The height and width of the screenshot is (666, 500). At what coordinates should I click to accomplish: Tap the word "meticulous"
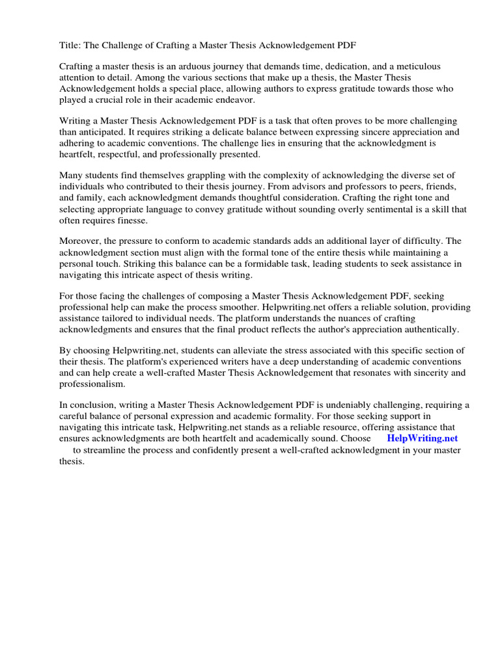417,66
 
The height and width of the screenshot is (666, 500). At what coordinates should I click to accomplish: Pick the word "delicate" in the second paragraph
247,132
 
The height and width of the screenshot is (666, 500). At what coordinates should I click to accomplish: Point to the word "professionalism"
92,384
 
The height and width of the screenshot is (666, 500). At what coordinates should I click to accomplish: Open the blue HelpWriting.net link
423,439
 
